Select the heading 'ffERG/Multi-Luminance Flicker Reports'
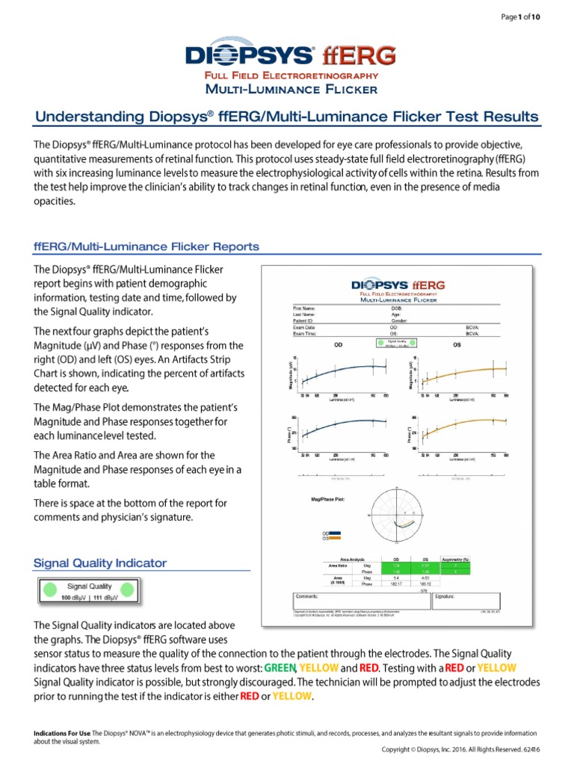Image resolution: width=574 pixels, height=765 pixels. pos(147,247)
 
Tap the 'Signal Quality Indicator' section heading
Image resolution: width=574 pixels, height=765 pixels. pos(100,563)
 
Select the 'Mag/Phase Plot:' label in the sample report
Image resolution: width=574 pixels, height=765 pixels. pos(327,496)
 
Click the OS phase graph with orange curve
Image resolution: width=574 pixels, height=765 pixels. pos(463,433)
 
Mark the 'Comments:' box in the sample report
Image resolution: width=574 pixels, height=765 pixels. pos(351,602)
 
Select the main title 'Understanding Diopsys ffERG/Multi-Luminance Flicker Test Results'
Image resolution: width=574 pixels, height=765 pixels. pos(287,117)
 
